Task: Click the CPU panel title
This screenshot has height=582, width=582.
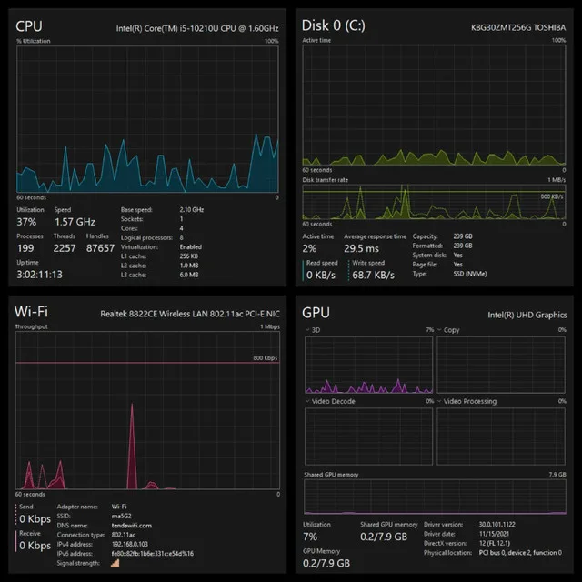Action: click(29, 25)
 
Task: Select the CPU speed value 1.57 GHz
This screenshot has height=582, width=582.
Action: click(75, 222)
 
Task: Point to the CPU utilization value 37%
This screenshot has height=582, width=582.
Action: click(26, 222)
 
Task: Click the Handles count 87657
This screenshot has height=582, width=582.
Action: click(99, 247)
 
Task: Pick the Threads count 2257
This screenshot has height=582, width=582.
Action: click(65, 247)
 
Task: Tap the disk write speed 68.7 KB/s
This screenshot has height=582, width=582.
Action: click(376, 274)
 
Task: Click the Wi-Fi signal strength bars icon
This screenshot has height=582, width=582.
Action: click(115, 564)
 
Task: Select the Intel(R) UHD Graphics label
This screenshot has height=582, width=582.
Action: click(527, 315)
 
